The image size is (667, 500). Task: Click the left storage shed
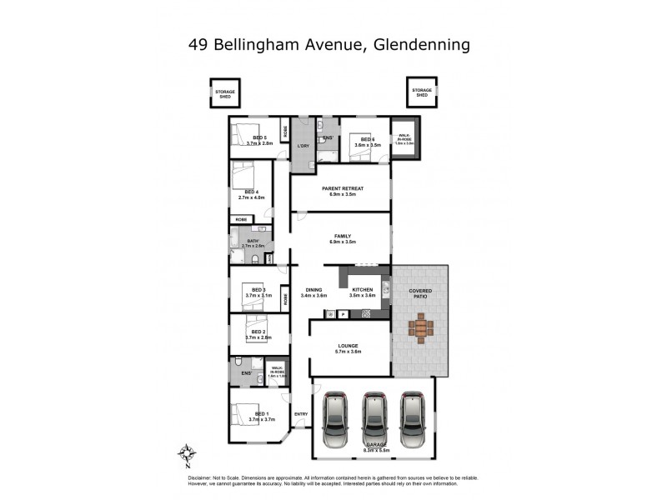[x=225, y=92]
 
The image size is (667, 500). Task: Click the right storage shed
[x=422, y=92]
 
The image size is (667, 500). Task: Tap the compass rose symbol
[x=188, y=454]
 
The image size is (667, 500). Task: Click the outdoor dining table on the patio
[x=420, y=327]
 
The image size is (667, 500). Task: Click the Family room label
[x=340, y=236]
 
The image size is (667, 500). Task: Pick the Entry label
[x=301, y=413]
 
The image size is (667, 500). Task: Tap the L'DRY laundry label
[x=303, y=147]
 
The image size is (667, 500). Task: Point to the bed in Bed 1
[x=248, y=413]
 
